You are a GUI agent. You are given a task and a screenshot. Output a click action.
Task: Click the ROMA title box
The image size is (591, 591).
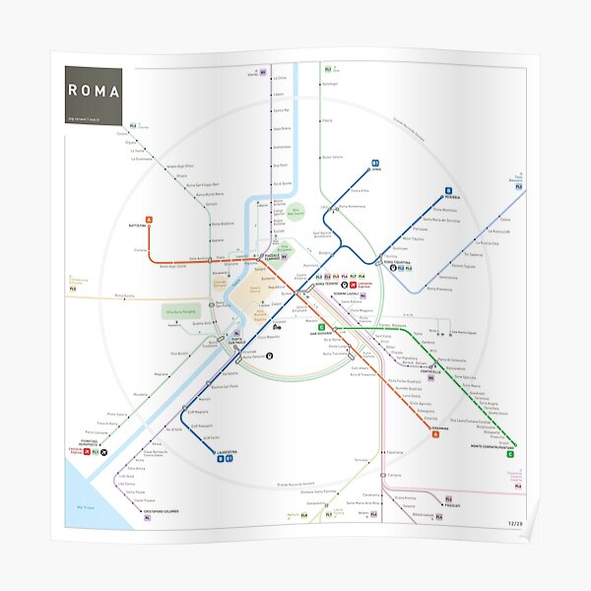pyautogui.click(x=94, y=91)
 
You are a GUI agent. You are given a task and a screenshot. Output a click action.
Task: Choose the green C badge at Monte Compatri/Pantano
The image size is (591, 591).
pyautogui.click(x=510, y=454)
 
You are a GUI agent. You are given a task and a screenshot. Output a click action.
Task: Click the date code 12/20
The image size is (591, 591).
pyautogui.click(x=515, y=523)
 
